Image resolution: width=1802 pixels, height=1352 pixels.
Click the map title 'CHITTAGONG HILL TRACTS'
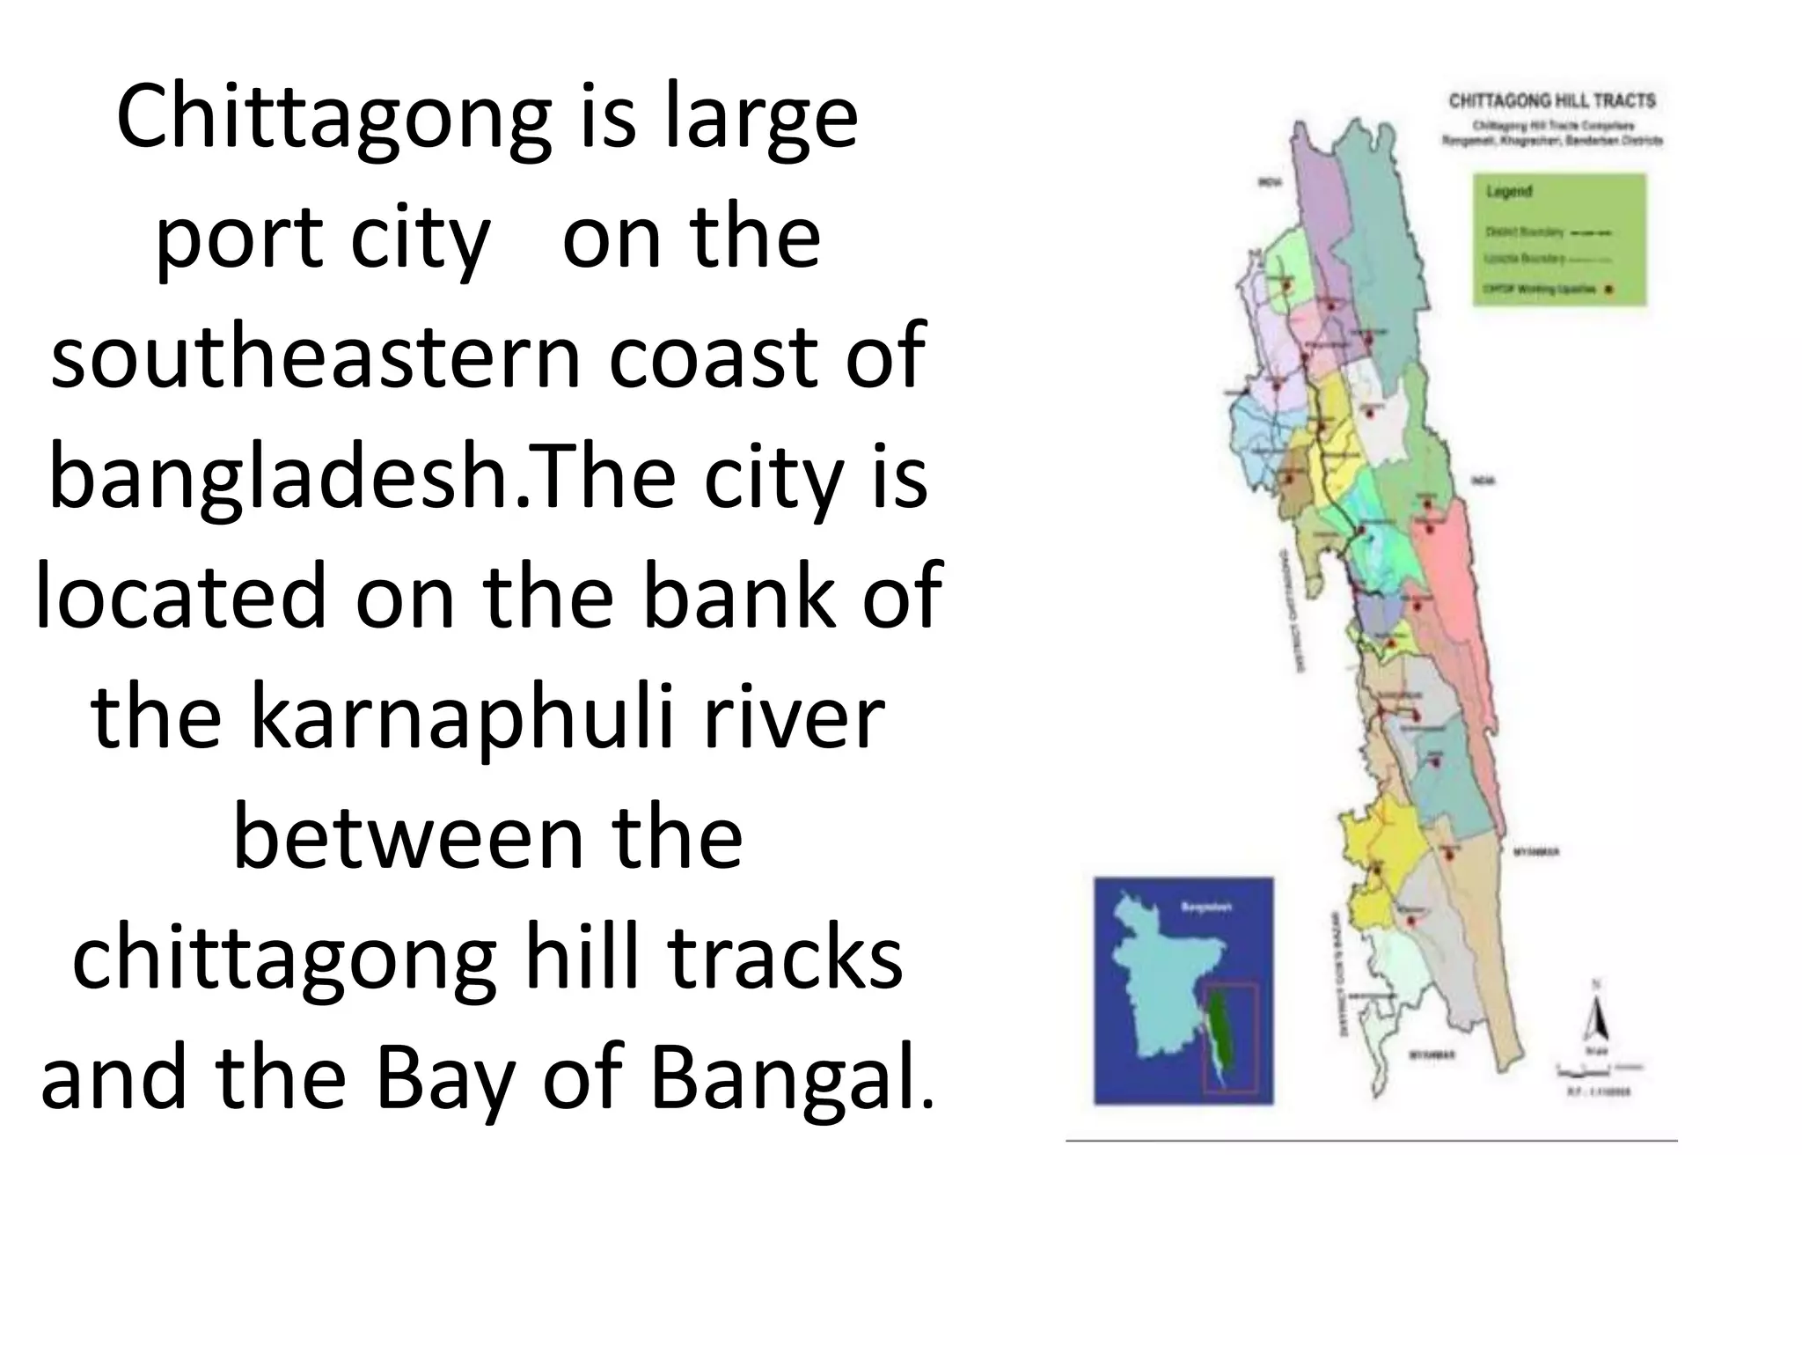pyautogui.click(x=1552, y=100)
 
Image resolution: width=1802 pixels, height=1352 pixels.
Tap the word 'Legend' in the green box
pyautogui.click(x=1509, y=192)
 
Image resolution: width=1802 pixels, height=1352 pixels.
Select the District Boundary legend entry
pyautogui.click(x=1549, y=232)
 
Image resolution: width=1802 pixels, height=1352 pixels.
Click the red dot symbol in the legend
pyautogui.click(x=1608, y=289)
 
